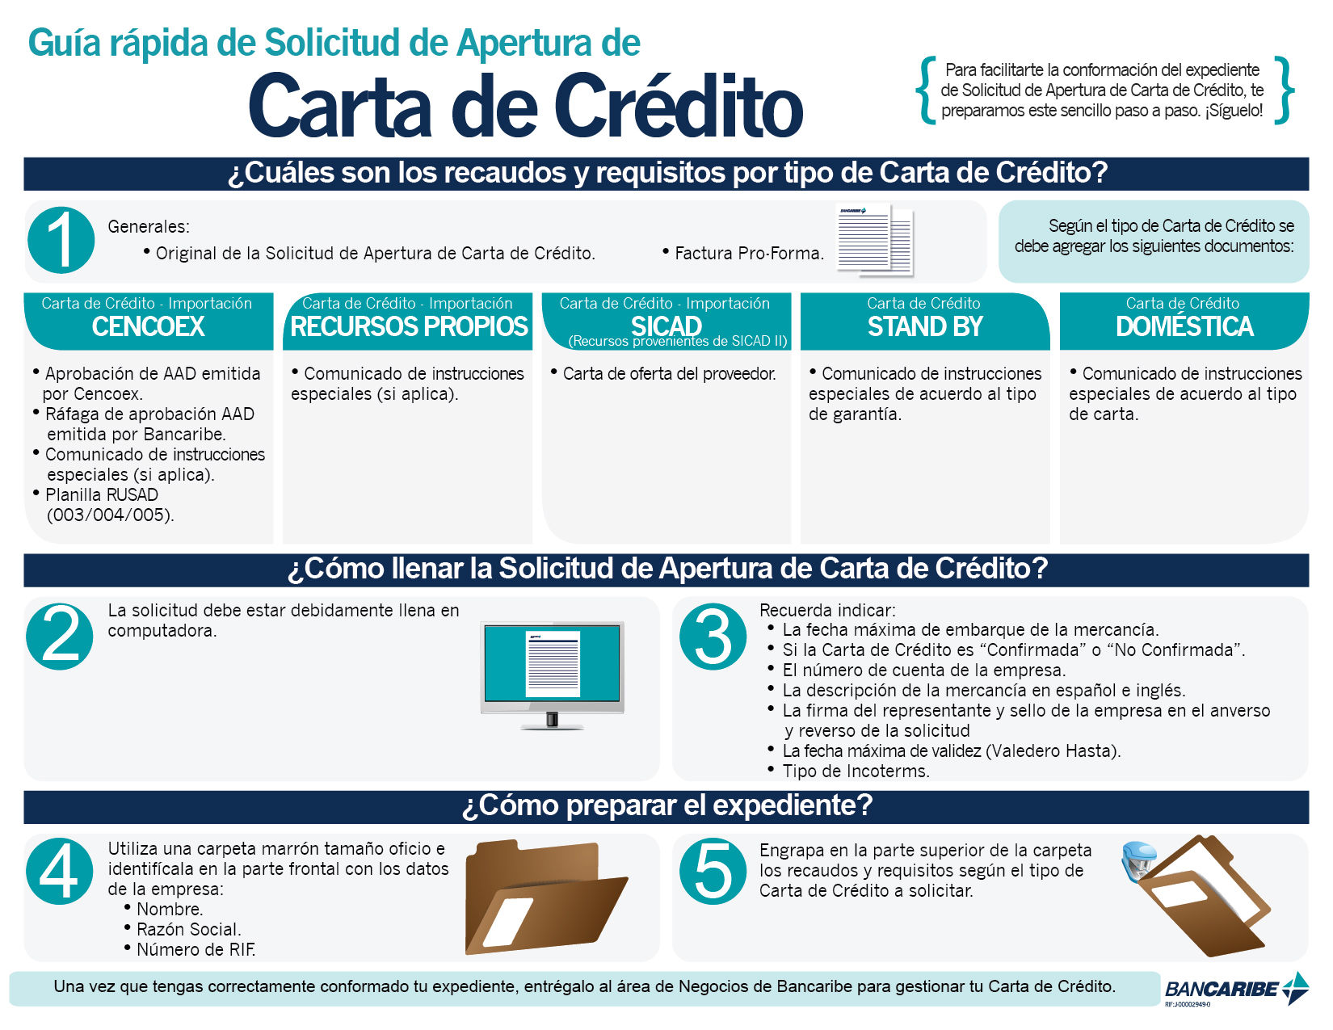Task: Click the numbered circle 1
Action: click(x=61, y=240)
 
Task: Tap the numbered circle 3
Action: click(x=713, y=637)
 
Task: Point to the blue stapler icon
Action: click(x=1139, y=861)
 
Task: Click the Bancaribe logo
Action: click(x=1236, y=989)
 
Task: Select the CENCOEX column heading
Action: click(x=149, y=326)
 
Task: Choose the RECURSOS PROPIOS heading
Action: click(x=409, y=326)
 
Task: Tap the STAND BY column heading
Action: click(x=925, y=326)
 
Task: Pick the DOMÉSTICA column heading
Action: click(x=1184, y=326)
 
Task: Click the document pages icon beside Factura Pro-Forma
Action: click(x=875, y=239)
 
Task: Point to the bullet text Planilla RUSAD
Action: click(x=102, y=495)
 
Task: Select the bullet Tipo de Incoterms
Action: click(x=856, y=771)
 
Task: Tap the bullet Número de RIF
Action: click(x=196, y=950)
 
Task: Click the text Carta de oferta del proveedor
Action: click(x=669, y=374)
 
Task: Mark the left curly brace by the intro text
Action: click(x=927, y=90)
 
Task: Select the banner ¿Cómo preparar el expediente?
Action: click(x=666, y=805)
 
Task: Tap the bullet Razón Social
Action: click(x=188, y=930)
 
